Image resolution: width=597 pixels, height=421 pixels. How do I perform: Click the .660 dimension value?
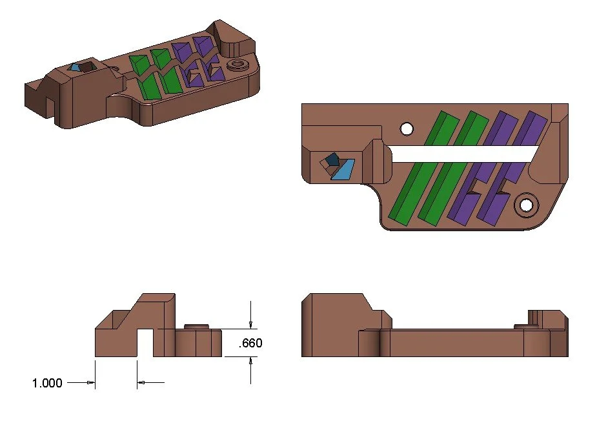(250, 344)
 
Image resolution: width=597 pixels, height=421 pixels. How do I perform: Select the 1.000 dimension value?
(47, 383)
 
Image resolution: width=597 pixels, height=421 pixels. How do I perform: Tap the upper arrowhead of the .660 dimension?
(251, 325)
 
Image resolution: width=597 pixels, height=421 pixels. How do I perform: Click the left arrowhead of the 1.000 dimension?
(91, 383)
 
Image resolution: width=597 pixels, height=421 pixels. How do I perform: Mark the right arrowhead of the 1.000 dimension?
(141, 383)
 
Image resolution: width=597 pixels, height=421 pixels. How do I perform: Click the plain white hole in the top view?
(407, 129)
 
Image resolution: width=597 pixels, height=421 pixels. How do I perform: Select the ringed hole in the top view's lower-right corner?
(527, 205)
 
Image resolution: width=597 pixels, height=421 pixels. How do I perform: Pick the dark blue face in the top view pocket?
(332, 159)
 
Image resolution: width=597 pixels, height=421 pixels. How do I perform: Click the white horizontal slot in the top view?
(465, 153)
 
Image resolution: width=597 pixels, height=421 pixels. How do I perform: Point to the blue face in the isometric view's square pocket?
(76, 67)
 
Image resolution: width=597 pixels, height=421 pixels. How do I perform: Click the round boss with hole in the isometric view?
(239, 65)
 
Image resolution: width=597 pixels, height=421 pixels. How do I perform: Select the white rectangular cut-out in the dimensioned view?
(145, 343)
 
